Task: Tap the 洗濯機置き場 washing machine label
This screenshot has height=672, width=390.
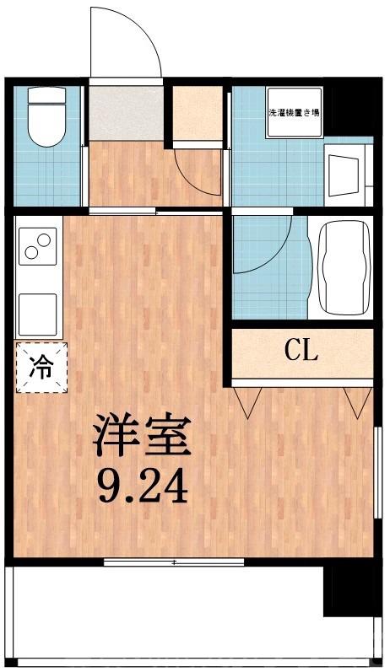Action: point(293,111)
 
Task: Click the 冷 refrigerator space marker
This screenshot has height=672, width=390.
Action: point(39,367)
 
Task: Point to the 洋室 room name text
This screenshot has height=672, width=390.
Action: point(142,436)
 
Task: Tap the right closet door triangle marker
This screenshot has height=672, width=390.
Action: point(353,401)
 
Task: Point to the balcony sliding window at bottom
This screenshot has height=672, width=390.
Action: point(173,562)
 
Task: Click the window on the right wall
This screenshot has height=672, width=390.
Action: point(376,468)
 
